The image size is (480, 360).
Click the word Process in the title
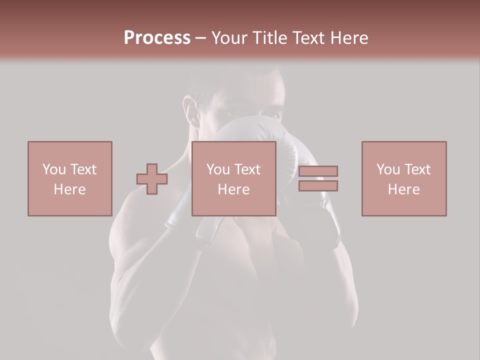coord(157,38)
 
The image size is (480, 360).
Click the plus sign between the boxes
coord(152,179)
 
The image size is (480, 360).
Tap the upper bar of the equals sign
coord(318,171)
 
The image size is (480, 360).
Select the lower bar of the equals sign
coord(318,185)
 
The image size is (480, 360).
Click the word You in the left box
coord(53,169)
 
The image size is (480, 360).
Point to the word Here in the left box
coord(69,189)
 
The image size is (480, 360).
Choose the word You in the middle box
coord(217,169)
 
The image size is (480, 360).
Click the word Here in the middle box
coord(233,189)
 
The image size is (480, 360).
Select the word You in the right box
coord(387,169)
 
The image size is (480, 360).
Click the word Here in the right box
coord(403,189)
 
